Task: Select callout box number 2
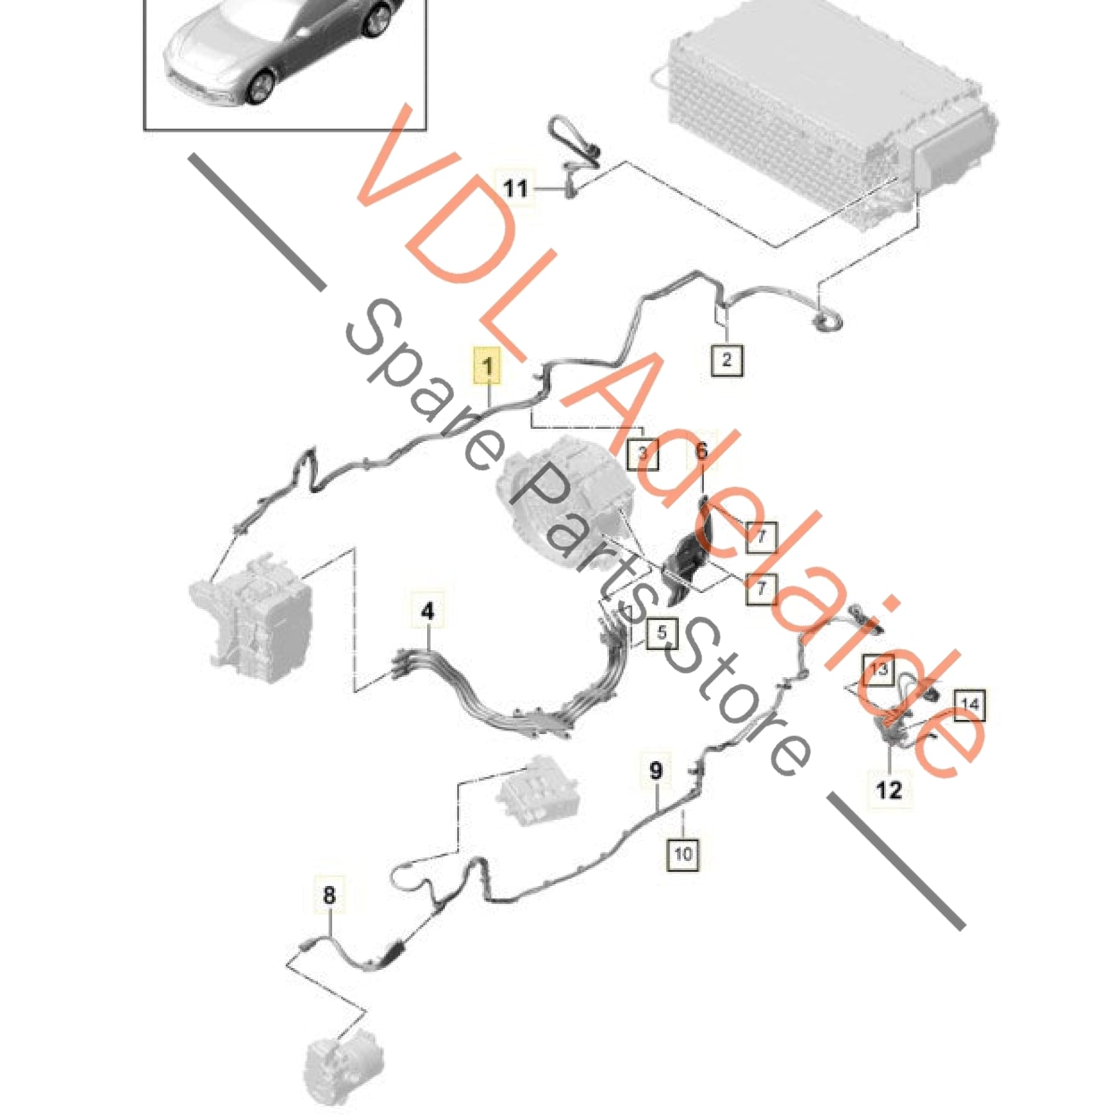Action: click(727, 359)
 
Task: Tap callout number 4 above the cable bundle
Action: click(427, 612)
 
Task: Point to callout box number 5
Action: click(661, 633)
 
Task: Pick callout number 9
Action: click(656, 772)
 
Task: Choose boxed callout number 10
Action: click(683, 854)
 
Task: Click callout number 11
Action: click(515, 188)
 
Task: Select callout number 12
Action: click(889, 790)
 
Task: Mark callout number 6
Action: click(702, 450)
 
